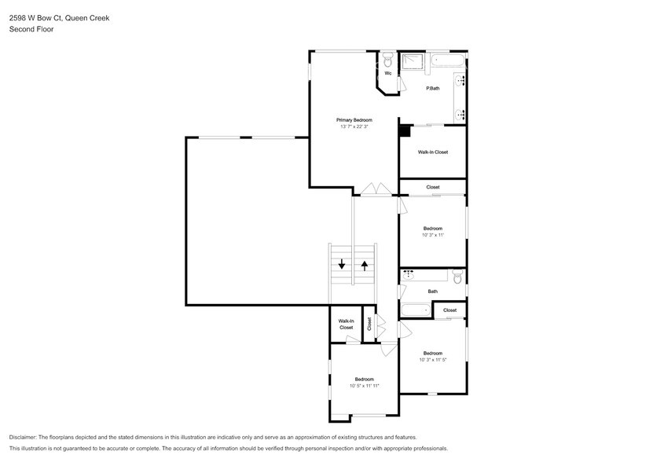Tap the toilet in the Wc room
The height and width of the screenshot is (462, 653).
pos(388,60)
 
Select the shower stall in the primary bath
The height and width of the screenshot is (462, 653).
pos(413,64)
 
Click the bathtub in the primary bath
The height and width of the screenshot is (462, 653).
pos(449,60)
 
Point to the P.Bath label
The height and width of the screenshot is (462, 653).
pos(432,88)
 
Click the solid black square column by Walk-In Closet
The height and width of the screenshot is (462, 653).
pos(404,131)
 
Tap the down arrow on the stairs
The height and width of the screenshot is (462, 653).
pos(342,265)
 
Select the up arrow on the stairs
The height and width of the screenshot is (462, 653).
pos(365,265)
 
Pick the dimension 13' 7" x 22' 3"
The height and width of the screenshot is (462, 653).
pos(354,126)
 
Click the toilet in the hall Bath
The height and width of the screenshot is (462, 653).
pos(457,276)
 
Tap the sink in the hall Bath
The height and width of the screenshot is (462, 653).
pos(409,275)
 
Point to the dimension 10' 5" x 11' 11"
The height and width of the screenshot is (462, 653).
pos(365,386)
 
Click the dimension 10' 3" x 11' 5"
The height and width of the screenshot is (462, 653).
pos(433,360)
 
